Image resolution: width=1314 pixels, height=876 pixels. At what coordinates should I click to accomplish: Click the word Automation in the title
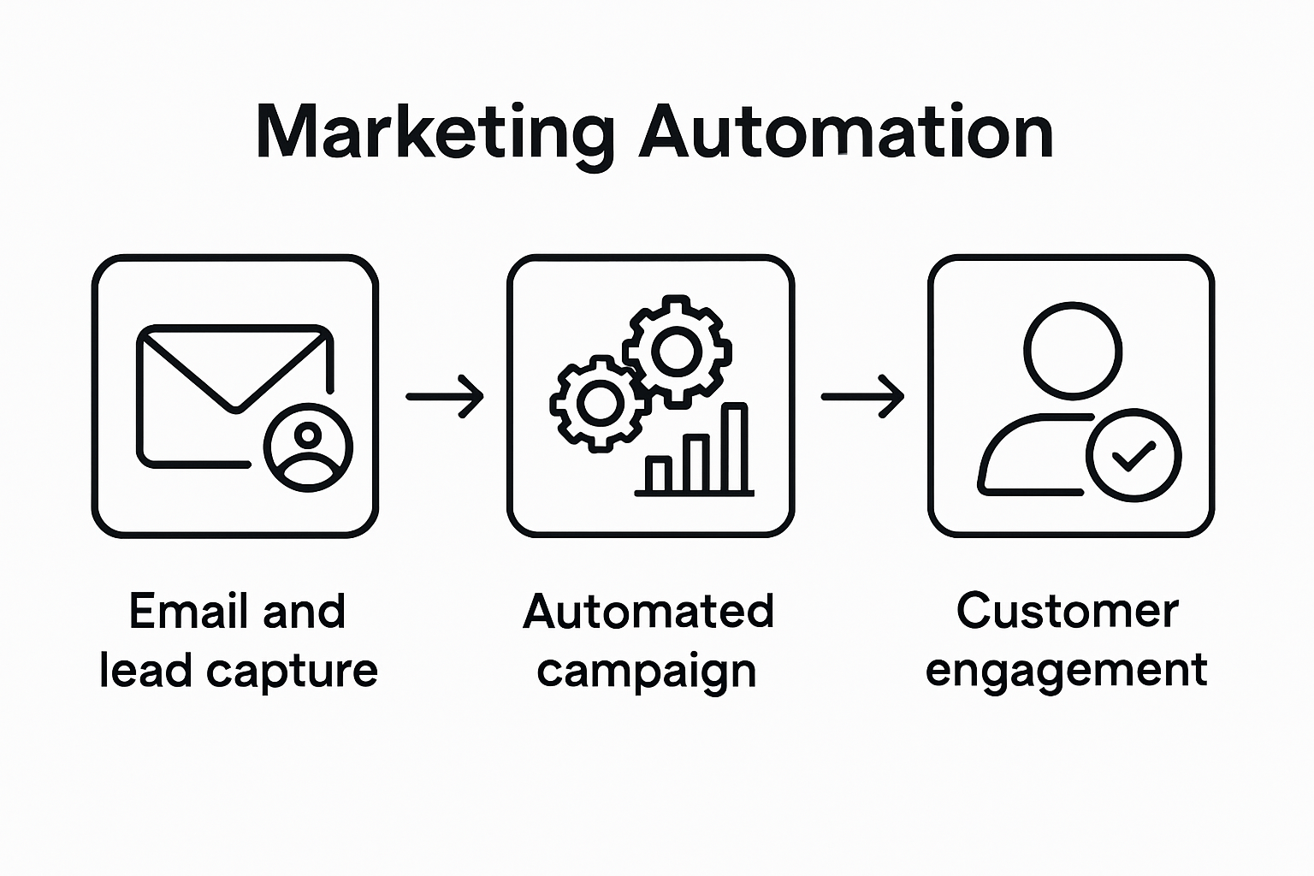845,133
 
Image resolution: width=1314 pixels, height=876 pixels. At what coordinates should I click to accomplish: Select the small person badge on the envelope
308,446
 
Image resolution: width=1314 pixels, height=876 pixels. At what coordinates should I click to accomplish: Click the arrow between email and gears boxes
445,396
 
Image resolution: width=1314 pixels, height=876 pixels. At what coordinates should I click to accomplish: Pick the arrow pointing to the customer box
862,396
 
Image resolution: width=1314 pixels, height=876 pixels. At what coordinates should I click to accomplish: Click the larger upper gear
677,350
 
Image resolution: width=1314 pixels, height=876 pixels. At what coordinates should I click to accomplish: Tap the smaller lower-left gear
598,403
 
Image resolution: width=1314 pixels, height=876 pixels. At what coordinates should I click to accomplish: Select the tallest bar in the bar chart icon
736,448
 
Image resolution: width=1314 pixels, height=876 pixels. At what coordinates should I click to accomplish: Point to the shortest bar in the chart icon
658,476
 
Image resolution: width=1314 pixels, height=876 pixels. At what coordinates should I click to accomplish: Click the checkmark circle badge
1133,455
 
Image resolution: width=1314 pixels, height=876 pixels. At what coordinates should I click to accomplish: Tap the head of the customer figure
1072,350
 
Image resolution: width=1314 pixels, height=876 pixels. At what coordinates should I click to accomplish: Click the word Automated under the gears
648,612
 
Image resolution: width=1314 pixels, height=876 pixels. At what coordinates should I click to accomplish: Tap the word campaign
647,672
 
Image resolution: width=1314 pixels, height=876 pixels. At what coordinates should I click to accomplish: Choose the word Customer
1067,611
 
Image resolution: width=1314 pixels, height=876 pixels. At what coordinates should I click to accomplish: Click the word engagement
1066,670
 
